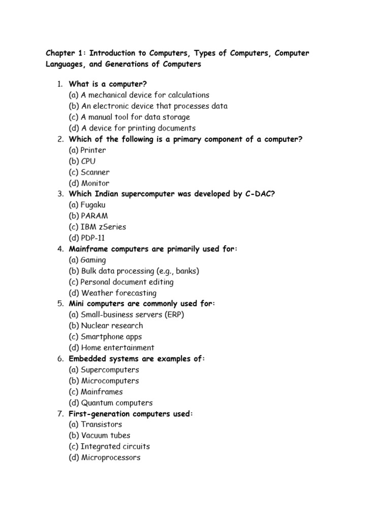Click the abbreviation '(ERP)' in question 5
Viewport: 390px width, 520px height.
click(174, 315)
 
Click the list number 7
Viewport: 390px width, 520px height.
click(60, 414)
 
